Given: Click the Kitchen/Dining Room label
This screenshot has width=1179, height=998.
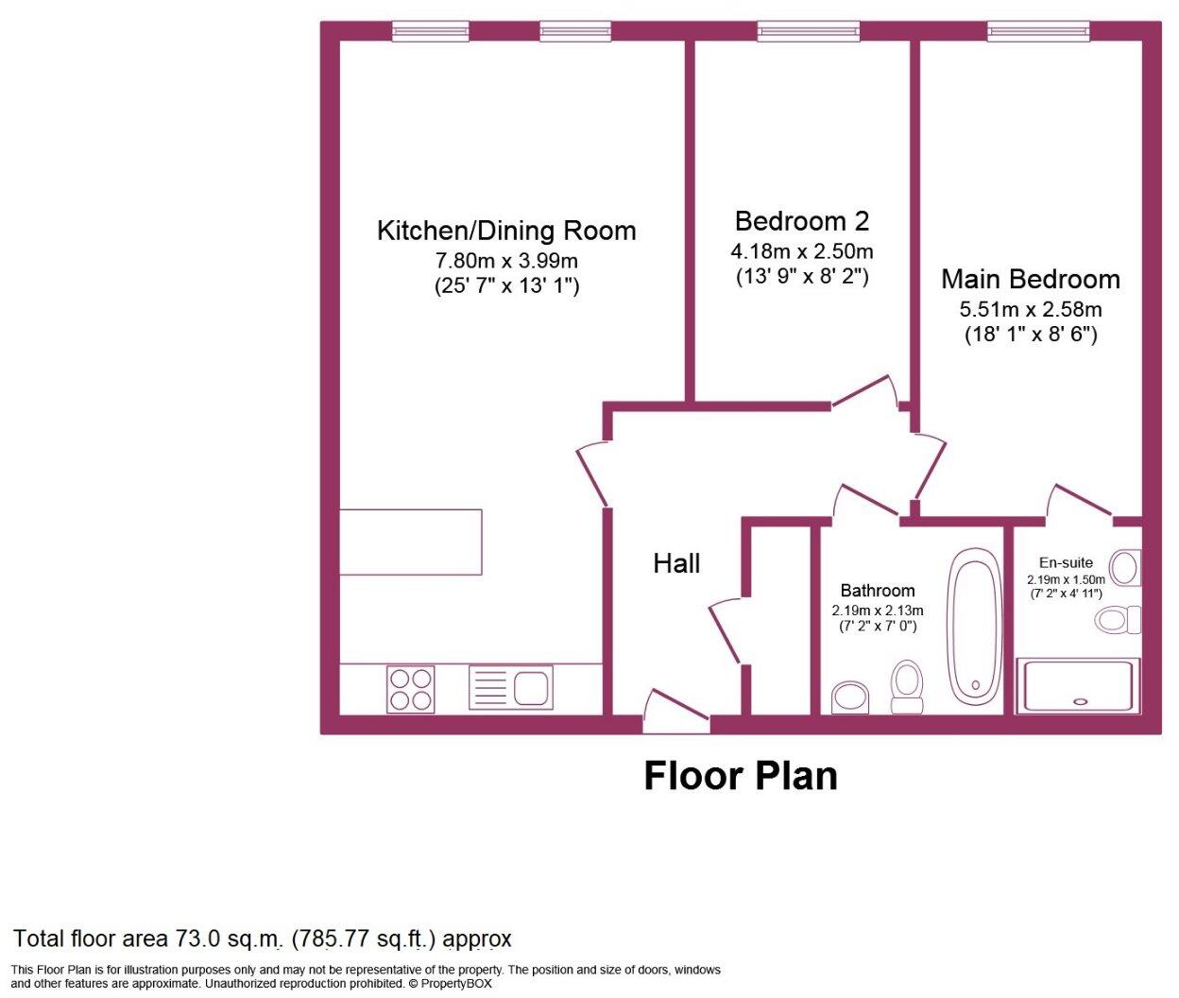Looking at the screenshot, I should point(506,231).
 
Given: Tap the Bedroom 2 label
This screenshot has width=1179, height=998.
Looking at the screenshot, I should point(801,221).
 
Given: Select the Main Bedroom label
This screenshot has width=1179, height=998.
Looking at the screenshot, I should point(1030,280).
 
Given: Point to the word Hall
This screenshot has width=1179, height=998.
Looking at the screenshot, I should point(676,564).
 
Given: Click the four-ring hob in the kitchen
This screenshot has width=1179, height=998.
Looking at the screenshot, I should point(411,689).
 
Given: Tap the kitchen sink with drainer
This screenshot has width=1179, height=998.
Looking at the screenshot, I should point(511,688).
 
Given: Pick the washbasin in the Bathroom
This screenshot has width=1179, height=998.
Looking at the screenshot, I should point(852,697).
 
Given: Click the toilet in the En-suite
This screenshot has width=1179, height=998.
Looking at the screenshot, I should point(1118,620).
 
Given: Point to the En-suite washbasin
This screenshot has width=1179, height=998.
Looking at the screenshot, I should point(1124,568).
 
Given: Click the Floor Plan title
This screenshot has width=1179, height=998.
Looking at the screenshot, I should point(741,776).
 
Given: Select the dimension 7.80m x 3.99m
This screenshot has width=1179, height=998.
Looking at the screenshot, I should point(506,260).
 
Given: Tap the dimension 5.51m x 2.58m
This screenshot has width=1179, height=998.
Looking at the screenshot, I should point(1030,309).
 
